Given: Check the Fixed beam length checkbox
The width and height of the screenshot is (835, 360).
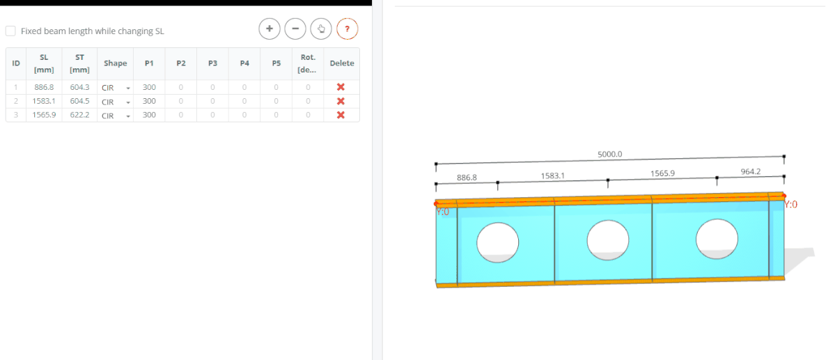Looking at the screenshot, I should (x=10, y=31).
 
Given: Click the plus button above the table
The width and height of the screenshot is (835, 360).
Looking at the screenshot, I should (x=269, y=29).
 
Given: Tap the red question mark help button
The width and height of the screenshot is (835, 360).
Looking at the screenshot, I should (x=347, y=29).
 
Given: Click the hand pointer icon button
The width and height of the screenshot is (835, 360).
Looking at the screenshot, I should (x=321, y=29).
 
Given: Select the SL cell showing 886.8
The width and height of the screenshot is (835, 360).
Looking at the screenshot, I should (x=44, y=87).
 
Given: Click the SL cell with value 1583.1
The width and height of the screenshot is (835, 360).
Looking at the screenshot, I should (x=44, y=101).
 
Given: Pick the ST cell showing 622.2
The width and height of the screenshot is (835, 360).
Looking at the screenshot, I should (x=79, y=115).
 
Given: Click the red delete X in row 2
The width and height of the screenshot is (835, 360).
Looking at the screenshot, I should (x=341, y=101).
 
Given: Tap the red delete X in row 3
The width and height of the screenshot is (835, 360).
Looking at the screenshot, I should (x=341, y=115).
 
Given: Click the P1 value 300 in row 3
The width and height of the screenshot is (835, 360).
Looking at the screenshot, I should (x=149, y=115).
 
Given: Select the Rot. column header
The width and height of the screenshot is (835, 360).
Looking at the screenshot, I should (x=308, y=63).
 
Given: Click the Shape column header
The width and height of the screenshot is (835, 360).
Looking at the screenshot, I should (x=116, y=63).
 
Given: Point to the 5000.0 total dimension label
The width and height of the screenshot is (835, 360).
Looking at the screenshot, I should (x=609, y=154).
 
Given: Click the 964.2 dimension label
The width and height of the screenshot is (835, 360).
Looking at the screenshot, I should (x=751, y=171).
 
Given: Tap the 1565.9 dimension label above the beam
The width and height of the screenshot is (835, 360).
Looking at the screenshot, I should (x=662, y=173).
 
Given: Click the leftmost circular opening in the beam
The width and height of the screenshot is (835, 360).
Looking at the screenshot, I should (x=498, y=242).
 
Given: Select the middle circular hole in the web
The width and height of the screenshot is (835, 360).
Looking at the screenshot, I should (x=608, y=240).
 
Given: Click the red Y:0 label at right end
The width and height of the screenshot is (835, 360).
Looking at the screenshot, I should (x=790, y=205).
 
